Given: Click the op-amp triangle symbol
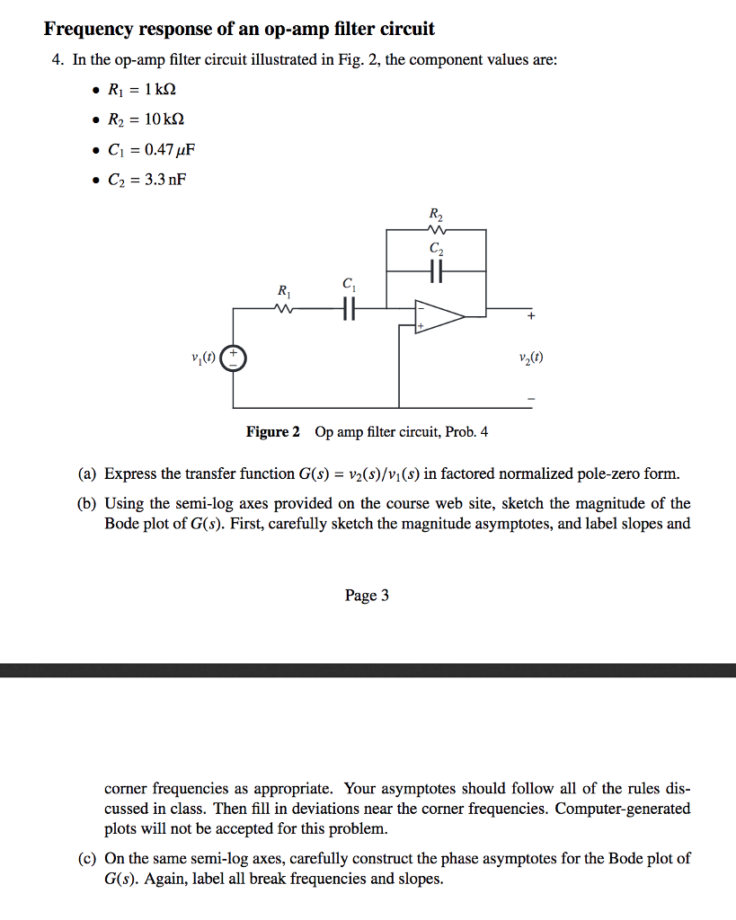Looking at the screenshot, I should [x=439, y=315].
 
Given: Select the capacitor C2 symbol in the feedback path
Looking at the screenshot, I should [x=437, y=270].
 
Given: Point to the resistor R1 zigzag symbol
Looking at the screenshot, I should [x=284, y=309].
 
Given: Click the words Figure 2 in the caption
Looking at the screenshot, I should [x=273, y=432].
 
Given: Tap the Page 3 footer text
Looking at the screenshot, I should [x=367, y=596].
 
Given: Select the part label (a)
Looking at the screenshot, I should [x=87, y=473].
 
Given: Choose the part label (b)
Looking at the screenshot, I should [x=87, y=503].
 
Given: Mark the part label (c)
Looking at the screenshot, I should [x=87, y=858].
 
